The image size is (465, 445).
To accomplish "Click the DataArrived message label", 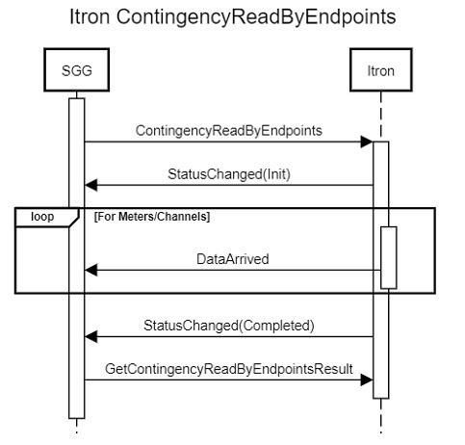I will (x=233, y=258).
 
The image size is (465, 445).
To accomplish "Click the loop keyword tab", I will (x=42, y=217).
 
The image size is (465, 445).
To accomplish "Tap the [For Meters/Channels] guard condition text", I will (x=152, y=217).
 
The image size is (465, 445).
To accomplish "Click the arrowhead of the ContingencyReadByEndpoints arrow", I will (x=367, y=142).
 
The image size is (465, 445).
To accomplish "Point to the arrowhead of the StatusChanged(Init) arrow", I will (x=90, y=185).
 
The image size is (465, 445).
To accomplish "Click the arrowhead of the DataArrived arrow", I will (x=90, y=272).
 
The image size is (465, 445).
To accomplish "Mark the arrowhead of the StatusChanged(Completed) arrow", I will (x=90, y=336).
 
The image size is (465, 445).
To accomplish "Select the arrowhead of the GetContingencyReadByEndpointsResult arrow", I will (x=367, y=380).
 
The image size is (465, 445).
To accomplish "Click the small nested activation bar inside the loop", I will (x=389, y=256).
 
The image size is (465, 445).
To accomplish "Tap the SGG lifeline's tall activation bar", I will (x=77, y=289).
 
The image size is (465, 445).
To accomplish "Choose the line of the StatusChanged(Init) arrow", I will (x=231, y=185).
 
